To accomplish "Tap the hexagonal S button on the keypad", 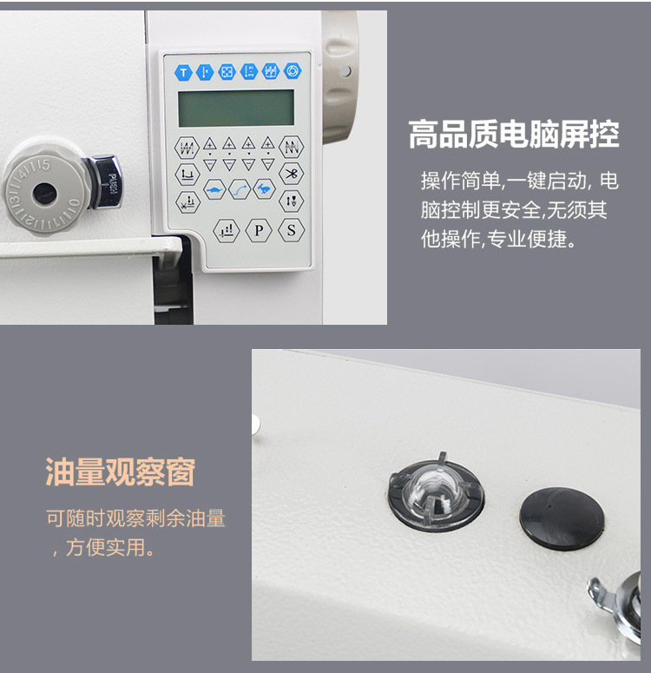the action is (x=292, y=230).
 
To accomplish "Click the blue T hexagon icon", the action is (x=183, y=72).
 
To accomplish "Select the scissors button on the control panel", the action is (x=292, y=174).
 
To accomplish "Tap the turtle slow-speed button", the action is (x=214, y=188).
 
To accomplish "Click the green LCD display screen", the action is (x=236, y=108).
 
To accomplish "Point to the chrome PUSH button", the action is (x=104, y=182).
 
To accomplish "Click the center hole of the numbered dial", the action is (x=44, y=193).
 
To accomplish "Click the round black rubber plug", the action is (x=562, y=518).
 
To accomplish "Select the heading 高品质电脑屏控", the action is (x=514, y=135).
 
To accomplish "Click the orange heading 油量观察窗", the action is (x=121, y=472).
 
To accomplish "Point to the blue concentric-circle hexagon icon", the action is (x=293, y=71).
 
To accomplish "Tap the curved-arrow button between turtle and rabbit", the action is (x=240, y=189).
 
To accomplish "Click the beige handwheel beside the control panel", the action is (x=340, y=76).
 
